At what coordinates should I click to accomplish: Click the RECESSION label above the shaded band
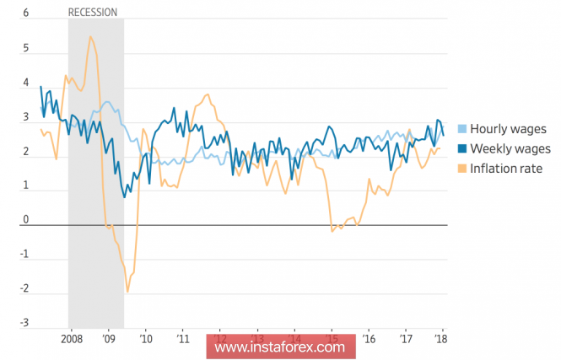tap(92, 12)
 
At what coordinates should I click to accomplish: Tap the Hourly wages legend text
tap(508, 129)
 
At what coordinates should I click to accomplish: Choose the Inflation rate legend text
tap(505, 168)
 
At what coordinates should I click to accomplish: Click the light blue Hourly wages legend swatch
tap(461, 129)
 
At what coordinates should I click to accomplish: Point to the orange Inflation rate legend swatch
tap(461, 168)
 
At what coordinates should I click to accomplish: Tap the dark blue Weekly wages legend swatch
tap(461, 148)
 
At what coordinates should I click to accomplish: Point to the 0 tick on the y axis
tap(26, 221)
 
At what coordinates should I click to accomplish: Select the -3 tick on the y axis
tap(24, 324)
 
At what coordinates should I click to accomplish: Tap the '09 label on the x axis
tap(108, 339)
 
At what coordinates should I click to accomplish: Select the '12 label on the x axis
tap(219, 339)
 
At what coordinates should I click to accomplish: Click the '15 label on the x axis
tap(332, 339)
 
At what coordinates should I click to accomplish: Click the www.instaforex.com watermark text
tap(279, 347)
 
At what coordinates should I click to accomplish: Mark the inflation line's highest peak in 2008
tap(90, 36)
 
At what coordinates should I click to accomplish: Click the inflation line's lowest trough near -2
tap(127, 292)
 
